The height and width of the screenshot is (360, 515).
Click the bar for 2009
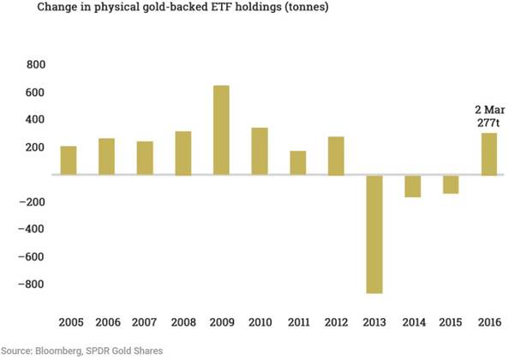tap(221, 130)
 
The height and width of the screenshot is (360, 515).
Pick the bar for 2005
tap(68, 160)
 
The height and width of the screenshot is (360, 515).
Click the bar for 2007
tap(145, 159)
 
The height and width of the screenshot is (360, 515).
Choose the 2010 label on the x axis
tap(260, 322)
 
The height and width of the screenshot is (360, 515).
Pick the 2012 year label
tap(337, 322)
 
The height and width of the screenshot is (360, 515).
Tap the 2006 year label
tap(106, 322)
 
